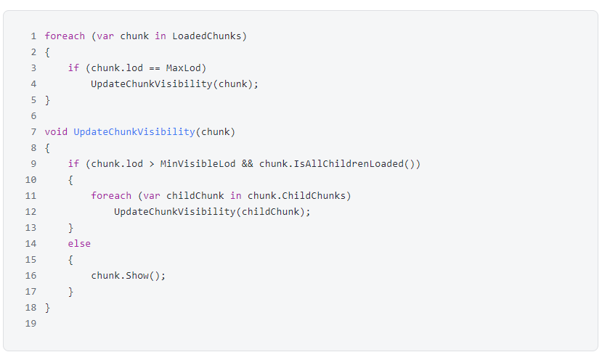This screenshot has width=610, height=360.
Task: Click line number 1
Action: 33,36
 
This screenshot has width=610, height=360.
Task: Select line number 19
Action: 30,323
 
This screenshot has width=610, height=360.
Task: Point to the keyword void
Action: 56,131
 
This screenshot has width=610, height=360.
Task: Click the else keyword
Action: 79,243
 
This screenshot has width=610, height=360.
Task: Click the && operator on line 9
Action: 247,163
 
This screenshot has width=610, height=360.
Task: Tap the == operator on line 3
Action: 155,67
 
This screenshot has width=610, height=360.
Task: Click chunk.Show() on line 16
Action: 129,275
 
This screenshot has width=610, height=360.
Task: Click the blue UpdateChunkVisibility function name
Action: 134,131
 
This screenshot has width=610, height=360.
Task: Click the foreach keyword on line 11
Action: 111,195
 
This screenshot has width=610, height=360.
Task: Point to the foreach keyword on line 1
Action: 65,36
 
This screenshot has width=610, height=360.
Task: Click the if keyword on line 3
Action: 73,67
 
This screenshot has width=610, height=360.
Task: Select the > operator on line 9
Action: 152,163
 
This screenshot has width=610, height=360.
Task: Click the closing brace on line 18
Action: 48,307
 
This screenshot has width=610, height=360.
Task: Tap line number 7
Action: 33,131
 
